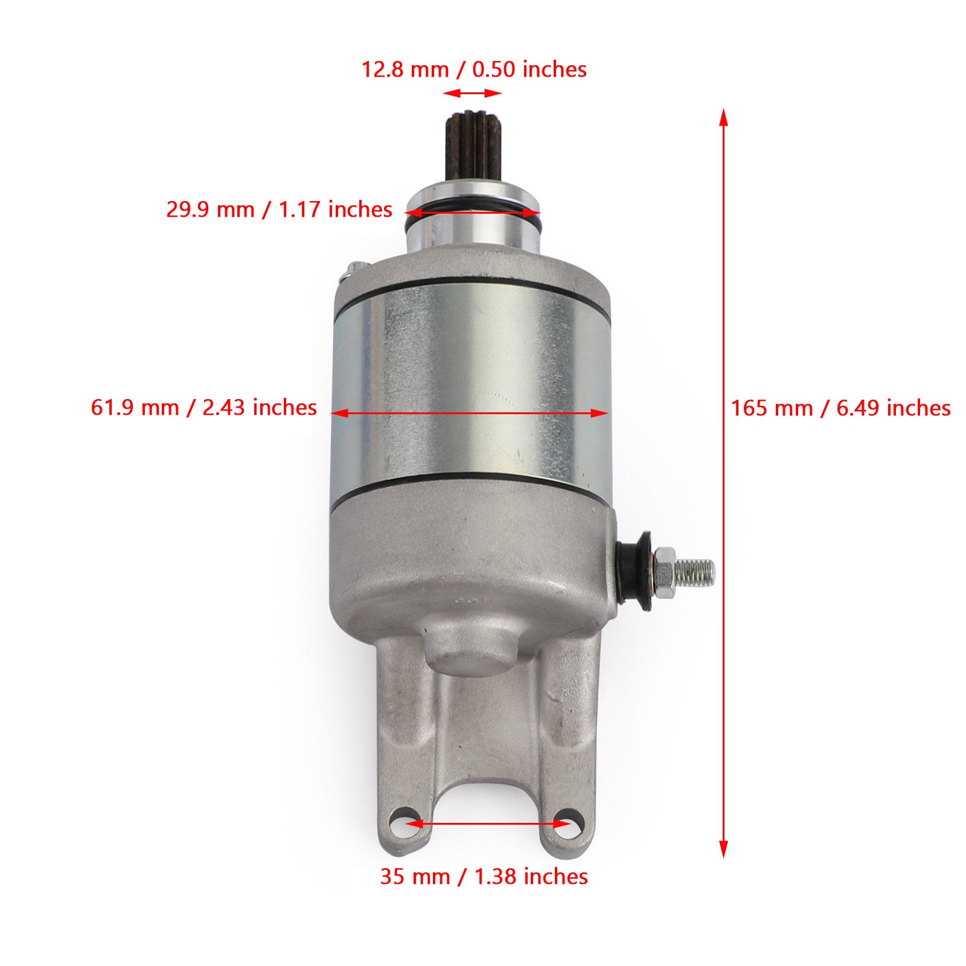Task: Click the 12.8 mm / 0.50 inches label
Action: click(473, 69)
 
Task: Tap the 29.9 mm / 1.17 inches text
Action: click(279, 210)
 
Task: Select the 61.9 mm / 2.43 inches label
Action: click(203, 408)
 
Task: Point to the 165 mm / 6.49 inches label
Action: click(840, 408)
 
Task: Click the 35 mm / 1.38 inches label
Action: click(484, 876)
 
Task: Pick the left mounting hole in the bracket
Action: click(403, 823)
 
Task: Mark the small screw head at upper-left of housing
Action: click(353, 267)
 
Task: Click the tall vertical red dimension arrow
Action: click(723, 483)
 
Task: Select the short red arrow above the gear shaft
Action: click(472, 93)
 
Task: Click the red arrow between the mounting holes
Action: click(487, 823)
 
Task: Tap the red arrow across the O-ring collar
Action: click(472, 213)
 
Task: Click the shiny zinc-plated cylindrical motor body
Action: click(471, 362)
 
